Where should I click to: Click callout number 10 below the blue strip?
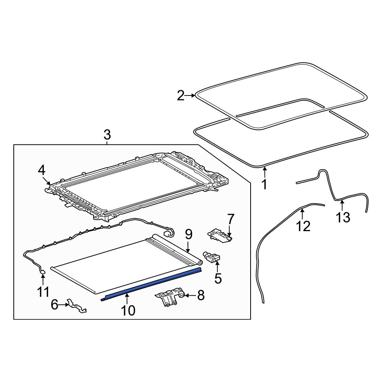[x=128, y=311]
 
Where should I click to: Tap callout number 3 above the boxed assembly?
[x=107, y=135]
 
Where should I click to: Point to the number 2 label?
[x=181, y=95]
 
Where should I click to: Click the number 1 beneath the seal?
[x=264, y=184]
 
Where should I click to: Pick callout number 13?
[x=343, y=217]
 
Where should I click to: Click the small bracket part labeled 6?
[x=77, y=306]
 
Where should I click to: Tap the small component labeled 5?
[x=213, y=258]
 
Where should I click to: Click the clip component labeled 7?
[x=220, y=236]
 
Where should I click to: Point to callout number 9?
[x=189, y=234]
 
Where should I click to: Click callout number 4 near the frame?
[x=42, y=170]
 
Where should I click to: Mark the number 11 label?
[x=43, y=292]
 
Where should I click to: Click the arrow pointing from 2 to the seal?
[x=190, y=95]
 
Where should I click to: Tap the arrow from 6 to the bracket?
[x=63, y=304]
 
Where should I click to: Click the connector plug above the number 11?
[x=43, y=272]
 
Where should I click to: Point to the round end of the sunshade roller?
[x=200, y=262]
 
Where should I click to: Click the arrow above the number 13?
[x=342, y=206]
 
